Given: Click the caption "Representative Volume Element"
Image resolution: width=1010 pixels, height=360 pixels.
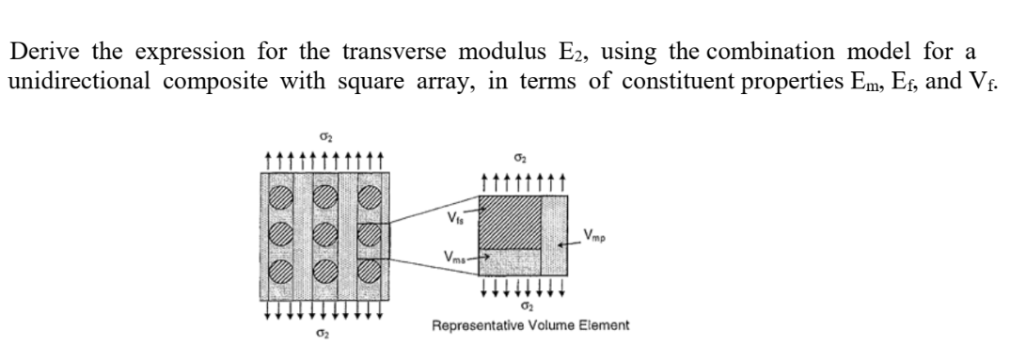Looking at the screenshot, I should coord(530,326).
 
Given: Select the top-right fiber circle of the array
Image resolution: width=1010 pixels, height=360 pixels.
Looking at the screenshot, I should coord(370,199).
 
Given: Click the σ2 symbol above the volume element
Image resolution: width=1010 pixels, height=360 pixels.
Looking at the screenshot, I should coord(522,162).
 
